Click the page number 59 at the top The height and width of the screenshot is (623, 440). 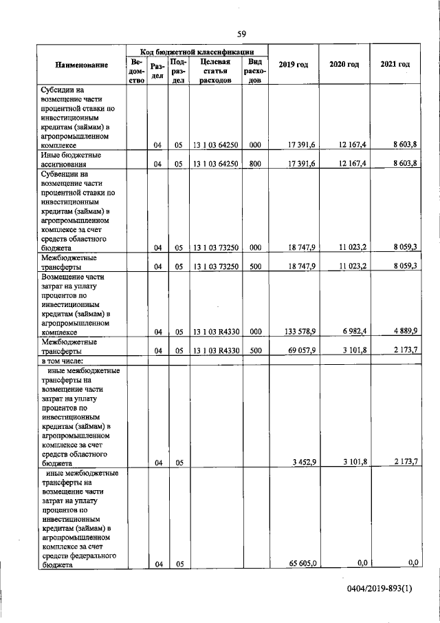pos(241,34)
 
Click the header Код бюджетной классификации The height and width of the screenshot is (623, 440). pos(197,51)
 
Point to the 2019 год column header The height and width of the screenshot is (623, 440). pos(293,64)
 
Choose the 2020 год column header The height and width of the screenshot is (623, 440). pos(344,64)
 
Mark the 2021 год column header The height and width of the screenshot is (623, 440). pos(395,64)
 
